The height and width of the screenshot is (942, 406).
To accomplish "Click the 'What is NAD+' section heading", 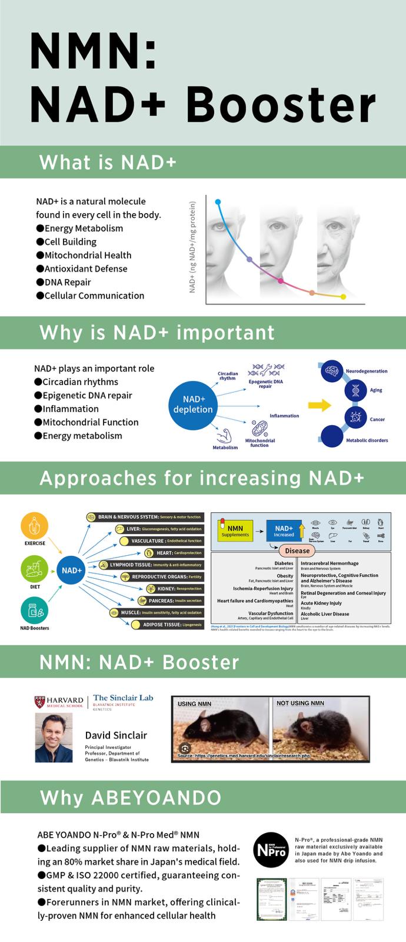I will coord(108,162).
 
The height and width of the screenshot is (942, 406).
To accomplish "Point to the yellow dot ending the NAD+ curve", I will coord(343,296).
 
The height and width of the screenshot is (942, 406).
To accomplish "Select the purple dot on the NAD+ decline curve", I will coord(249,259).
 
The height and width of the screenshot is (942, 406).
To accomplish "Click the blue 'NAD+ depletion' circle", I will coord(192,404).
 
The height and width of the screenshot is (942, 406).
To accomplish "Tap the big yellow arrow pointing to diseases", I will coord(320,404).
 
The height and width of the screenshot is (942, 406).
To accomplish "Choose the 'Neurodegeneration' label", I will coord(367,372).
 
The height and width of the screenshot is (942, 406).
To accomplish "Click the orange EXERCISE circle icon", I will coord(35,525).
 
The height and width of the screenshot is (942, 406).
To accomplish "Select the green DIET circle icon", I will coord(35,569).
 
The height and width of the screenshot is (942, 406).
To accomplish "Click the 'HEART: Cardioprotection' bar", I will coord(174,553).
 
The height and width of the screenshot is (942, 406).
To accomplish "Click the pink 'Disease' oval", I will coord(297,551).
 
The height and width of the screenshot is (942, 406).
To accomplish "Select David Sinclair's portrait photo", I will coord(54,738).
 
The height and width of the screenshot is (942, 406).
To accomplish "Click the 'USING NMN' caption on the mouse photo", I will coord(195,704).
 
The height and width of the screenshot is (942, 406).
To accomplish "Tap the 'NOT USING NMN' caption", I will coord(300,703).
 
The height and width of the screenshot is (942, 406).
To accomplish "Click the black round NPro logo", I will coord(271,850).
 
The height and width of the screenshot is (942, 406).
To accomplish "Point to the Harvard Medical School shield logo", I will coord(39,701).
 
